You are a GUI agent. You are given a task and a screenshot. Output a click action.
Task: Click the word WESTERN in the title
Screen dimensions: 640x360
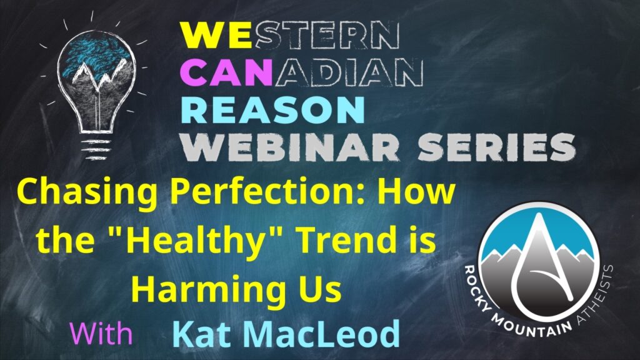(290, 35)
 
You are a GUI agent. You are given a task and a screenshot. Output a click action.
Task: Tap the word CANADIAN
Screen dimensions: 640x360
(302, 72)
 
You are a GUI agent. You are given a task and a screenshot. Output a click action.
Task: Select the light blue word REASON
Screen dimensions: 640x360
(273, 109)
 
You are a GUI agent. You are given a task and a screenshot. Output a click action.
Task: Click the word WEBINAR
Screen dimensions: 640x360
(291, 146)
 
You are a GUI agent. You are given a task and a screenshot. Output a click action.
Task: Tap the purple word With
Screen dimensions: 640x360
(101, 334)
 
